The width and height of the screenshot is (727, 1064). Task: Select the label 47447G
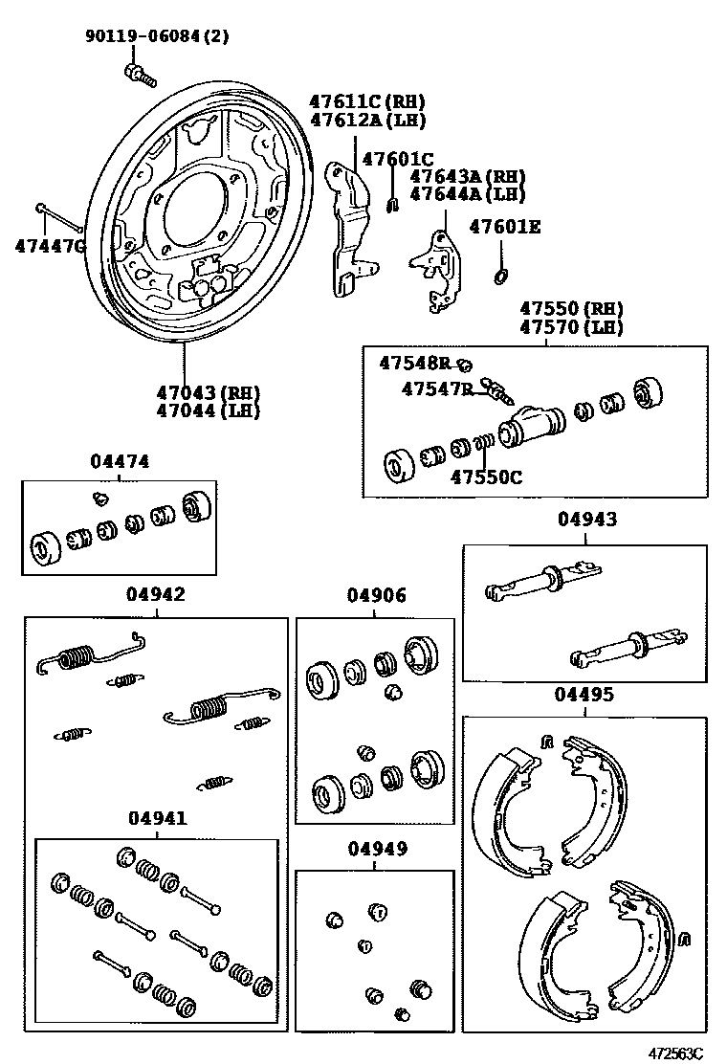pyautogui.click(x=50, y=246)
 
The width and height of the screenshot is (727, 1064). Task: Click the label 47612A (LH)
pyautogui.click(x=366, y=120)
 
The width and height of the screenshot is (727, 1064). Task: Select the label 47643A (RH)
pyautogui.click(x=468, y=176)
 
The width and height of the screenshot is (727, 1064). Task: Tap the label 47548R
pyautogui.click(x=413, y=363)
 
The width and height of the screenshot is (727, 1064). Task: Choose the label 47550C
pyautogui.click(x=487, y=477)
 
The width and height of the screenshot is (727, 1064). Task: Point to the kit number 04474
pyautogui.click(x=120, y=461)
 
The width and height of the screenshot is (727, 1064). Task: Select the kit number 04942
pyautogui.click(x=156, y=594)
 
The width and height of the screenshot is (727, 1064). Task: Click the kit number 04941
pyautogui.click(x=158, y=818)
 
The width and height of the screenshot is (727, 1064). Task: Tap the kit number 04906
pyautogui.click(x=376, y=595)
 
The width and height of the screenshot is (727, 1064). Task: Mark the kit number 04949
pyautogui.click(x=377, y=849)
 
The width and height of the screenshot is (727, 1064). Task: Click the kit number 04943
pyautogui.click(x=587, y=520)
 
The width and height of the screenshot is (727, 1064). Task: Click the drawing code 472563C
pyautogui.click(x=672, y=1053)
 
